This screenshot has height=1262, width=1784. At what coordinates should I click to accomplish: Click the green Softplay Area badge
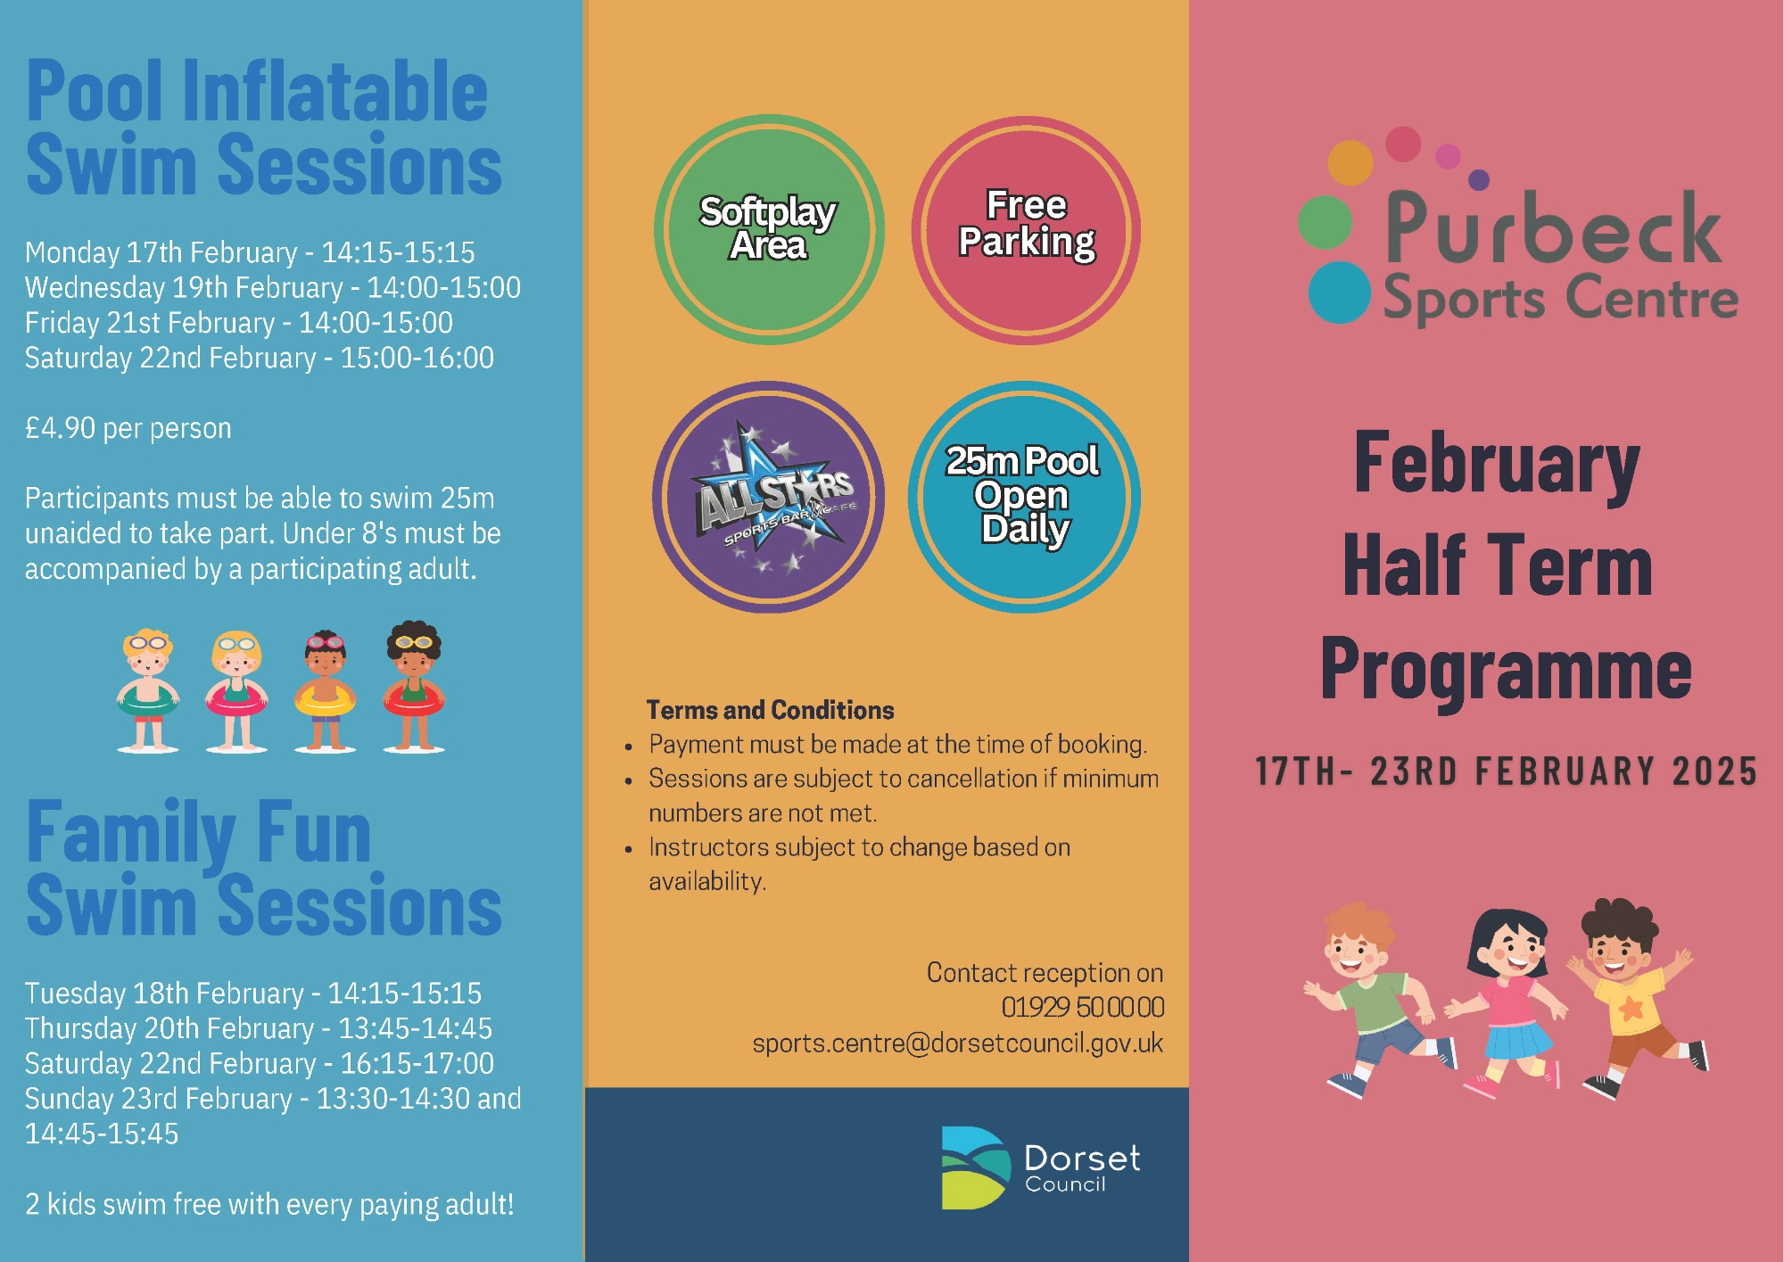(769, 229)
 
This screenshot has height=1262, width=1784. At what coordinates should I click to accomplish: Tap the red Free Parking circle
(1026, 229)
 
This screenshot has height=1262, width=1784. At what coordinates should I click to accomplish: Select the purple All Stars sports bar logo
(769, 497)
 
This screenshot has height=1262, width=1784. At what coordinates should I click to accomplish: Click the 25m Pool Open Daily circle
(1024, 497)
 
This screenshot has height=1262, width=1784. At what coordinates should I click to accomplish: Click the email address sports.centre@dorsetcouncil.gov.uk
(957, 1043)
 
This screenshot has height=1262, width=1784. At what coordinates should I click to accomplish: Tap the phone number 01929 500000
(1083, 1007)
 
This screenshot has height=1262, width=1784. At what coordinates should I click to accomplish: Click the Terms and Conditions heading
(770, 710)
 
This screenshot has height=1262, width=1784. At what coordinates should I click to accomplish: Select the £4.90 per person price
(128, 428)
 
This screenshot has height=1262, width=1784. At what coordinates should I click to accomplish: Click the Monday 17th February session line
(250, 252)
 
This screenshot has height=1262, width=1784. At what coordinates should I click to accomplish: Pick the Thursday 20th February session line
(259, 1028)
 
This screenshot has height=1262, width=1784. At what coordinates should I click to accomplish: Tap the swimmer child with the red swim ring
(414, 687)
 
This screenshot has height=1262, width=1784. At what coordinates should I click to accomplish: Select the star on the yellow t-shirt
(1631, 1008)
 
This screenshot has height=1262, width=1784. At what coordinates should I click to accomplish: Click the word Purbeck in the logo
(1553, 228)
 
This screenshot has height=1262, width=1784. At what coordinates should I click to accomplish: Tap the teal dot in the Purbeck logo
(1340, 293)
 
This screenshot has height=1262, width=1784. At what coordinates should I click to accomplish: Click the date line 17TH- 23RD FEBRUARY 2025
(1506, 771)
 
